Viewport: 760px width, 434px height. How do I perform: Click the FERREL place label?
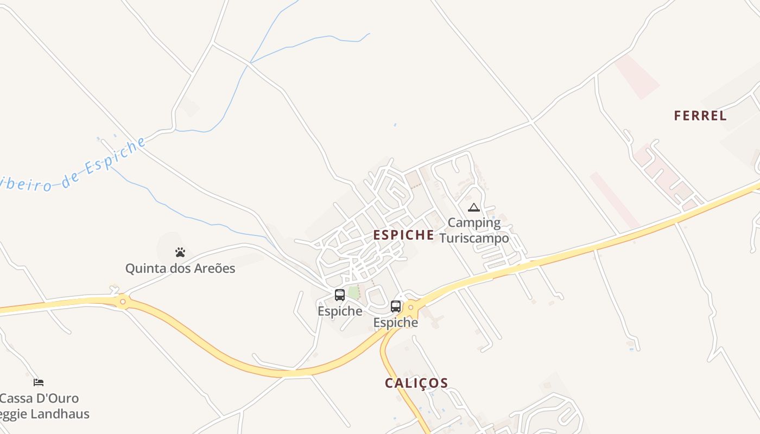point(700,116)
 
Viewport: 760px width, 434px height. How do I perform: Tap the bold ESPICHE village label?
point(403,235)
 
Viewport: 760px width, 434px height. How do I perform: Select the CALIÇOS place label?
point(416,383)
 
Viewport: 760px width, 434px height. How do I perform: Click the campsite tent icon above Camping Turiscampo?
point(474,207)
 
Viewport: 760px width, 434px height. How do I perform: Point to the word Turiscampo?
point(474,238)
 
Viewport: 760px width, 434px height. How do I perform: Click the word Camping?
point(474,222)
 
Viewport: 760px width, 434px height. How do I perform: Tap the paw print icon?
point(180,252)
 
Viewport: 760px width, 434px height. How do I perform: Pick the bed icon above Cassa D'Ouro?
point(39,382)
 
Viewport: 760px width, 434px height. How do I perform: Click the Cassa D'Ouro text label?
point(39,398)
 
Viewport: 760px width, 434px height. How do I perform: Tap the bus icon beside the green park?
point(340,295)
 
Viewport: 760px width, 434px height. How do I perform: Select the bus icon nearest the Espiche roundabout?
point(396,307)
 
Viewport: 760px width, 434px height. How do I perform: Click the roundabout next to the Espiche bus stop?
point(411,308)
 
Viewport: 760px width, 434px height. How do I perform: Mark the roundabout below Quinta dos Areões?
point(123,301)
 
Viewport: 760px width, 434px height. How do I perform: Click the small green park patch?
point(354,293)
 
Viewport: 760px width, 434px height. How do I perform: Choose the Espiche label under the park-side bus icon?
point(340,311)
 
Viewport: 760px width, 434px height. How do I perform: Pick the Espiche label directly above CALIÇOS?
point(396,323)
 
